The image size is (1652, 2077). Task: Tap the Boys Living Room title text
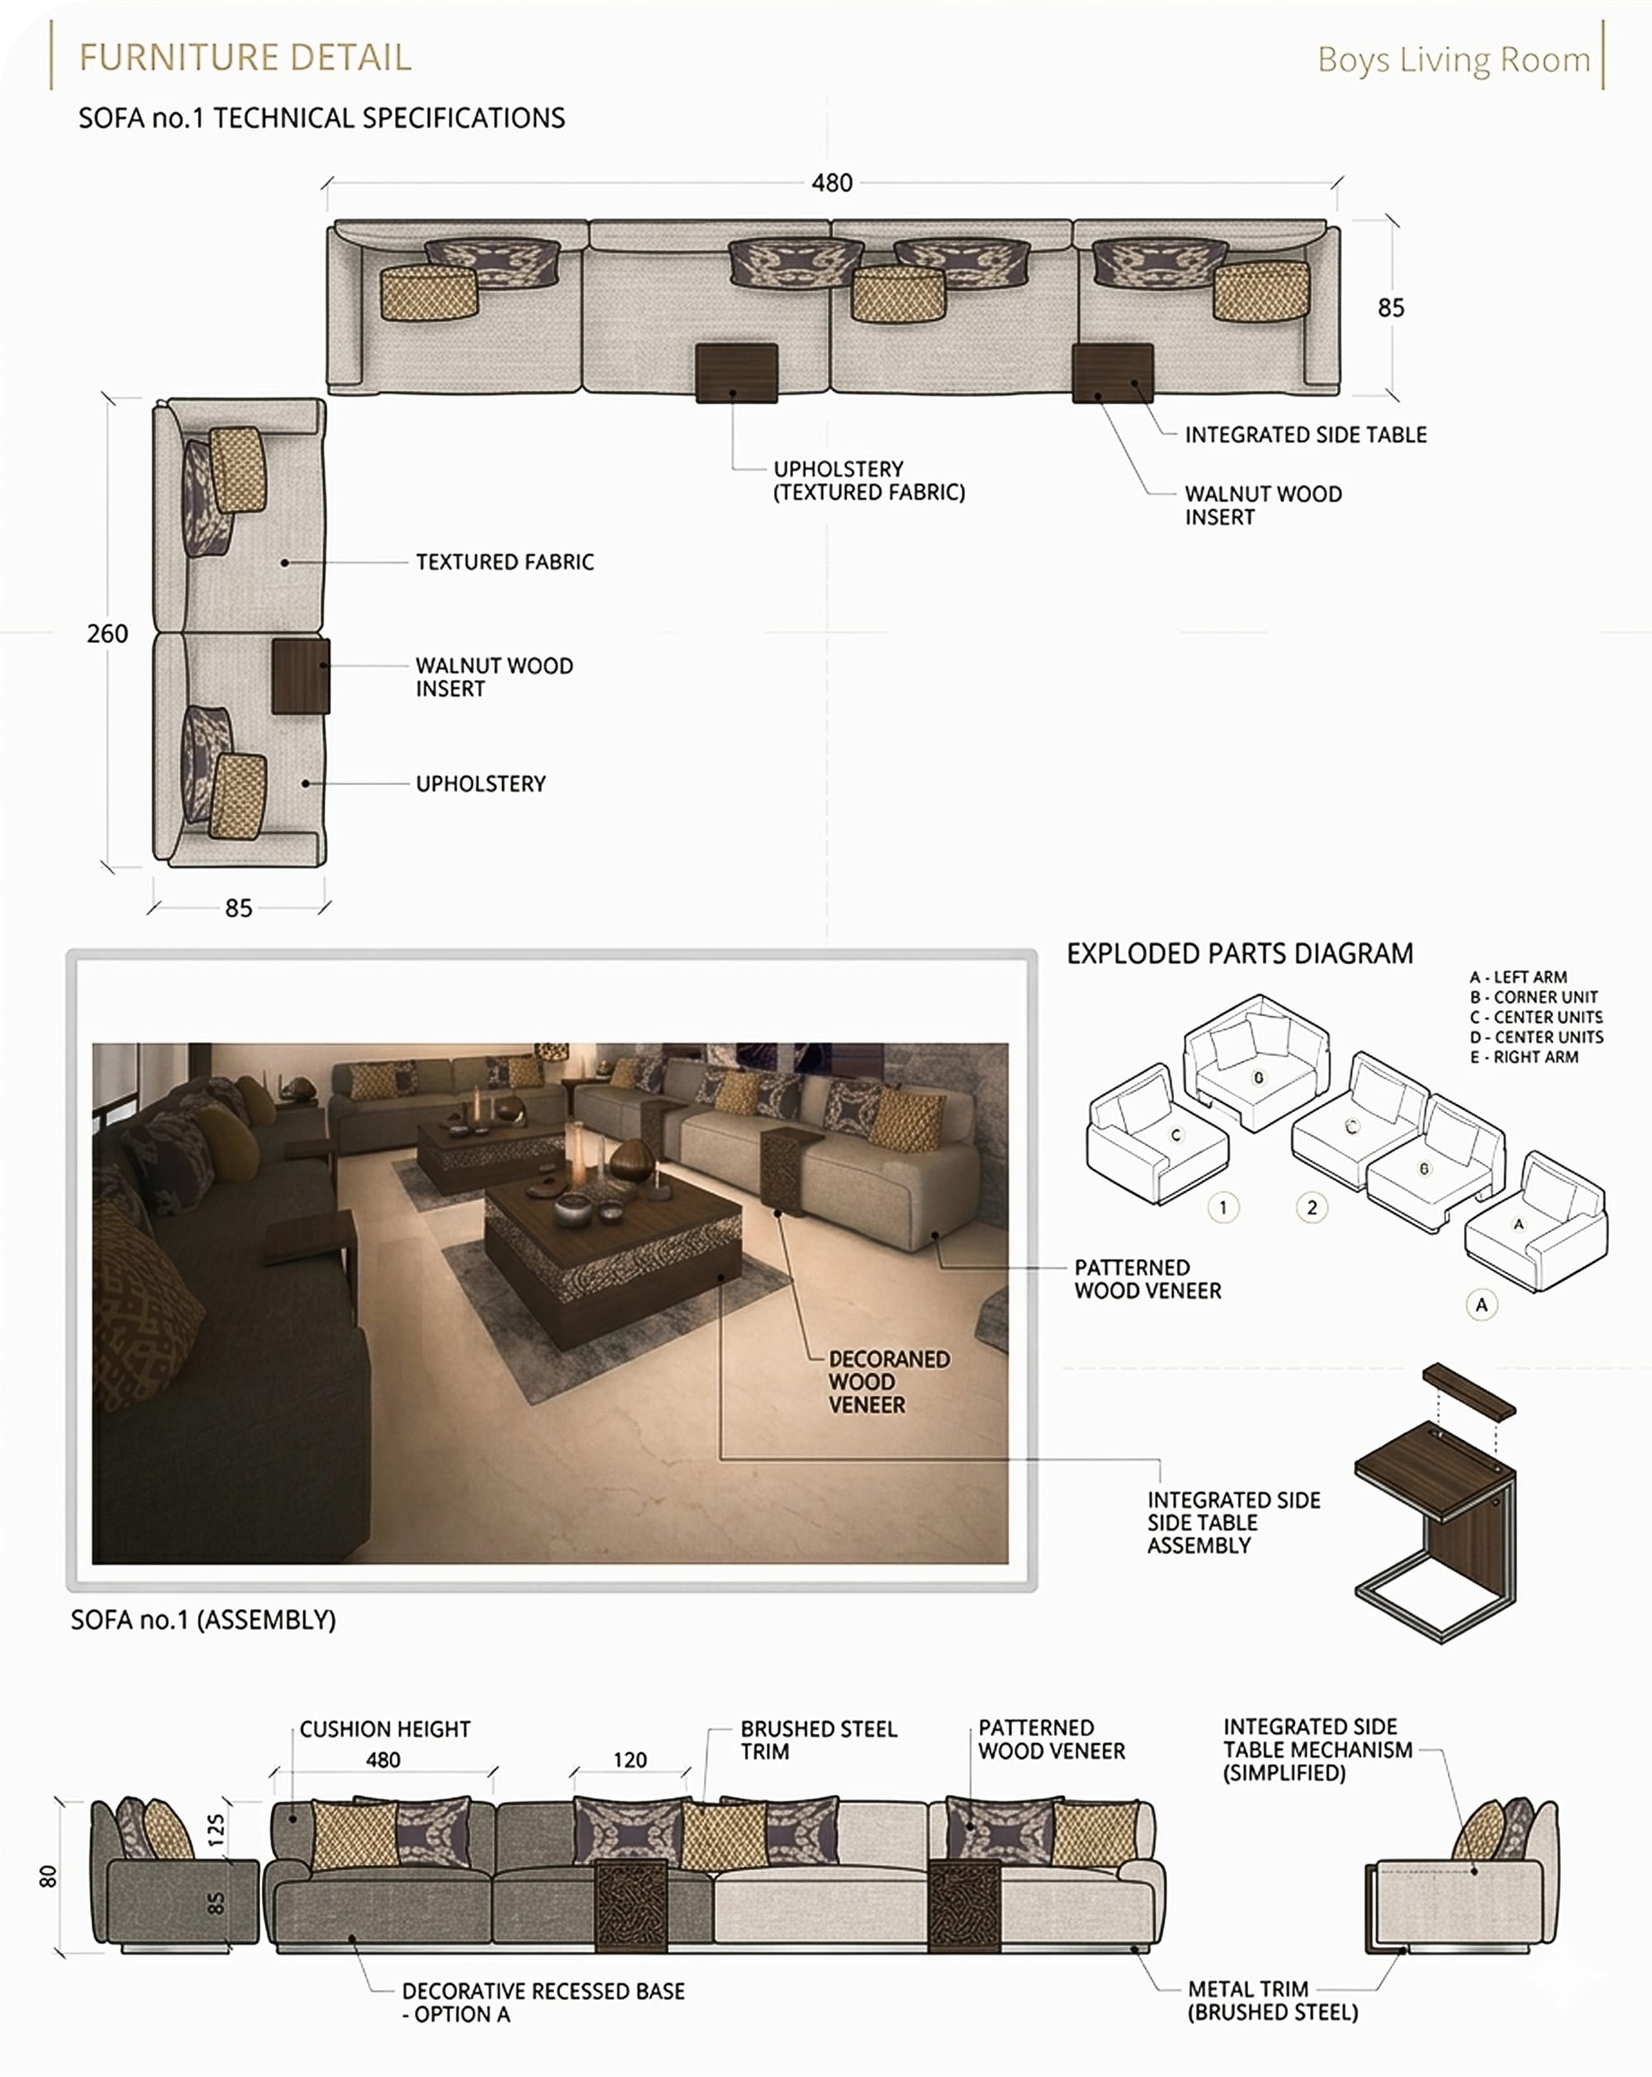pyautogui.click(x=1454, y=59)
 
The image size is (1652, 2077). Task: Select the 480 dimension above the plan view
pyautogui.click(x=832, y=183)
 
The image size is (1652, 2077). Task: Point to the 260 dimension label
pyautogui.click(x=107, y=634)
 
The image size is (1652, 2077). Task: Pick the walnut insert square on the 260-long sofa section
pyautogui.click(x=301, y=675)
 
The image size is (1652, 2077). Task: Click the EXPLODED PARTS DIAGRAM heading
pyautogui.click(x=1240, y=953)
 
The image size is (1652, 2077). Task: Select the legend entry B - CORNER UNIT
pyautogui.click(x=1533, y=997)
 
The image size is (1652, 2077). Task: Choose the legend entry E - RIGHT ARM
pyautogui.click(x=1524, y=1057)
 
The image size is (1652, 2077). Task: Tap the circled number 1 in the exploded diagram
pyautogui.click(x=1223, y=1207)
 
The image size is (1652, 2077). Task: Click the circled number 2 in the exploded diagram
pyautogui.click(x=1312, y=1207)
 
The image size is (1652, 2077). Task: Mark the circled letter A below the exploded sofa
pyautogui.click(x=1481, y=1305)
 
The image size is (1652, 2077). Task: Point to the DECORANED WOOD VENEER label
pyautogui.click(x=889, y=1381)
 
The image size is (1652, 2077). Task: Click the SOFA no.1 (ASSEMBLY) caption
pyautogui.click(x=203, y=1620)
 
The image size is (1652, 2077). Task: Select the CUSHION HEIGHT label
pyautogui.click(x=385, y=1729)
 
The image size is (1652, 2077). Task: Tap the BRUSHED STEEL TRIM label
pyautogui.click(x=819, y=1740)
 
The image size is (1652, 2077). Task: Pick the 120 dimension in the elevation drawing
pyautogui.click(x=630, y=1760)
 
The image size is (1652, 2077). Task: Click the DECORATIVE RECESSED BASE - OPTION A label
pyautogui.click(x=544, y=2002)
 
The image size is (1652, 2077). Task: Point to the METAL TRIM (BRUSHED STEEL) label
pyautogui.click(x=1272, y=2000)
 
